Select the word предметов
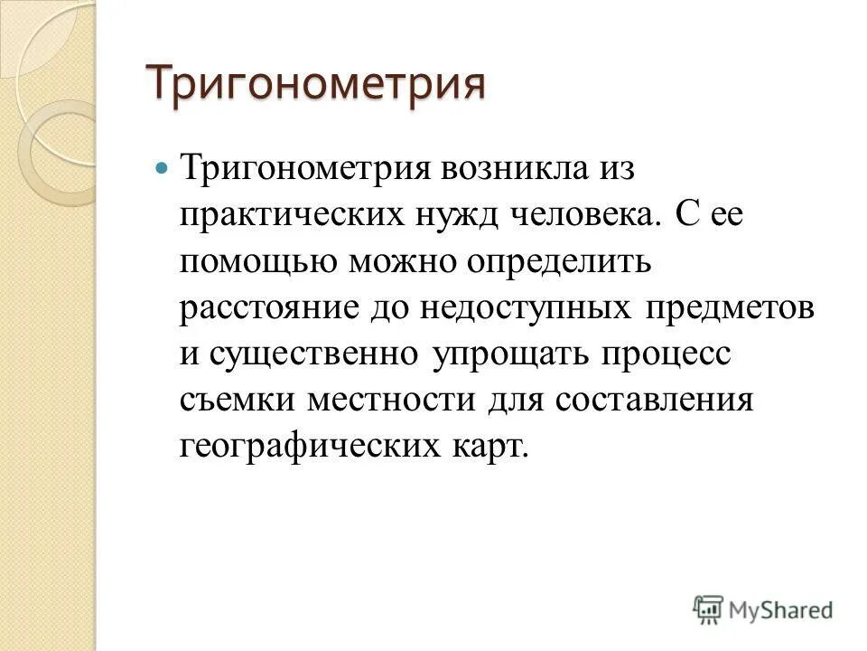732,308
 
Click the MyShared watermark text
781,610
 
